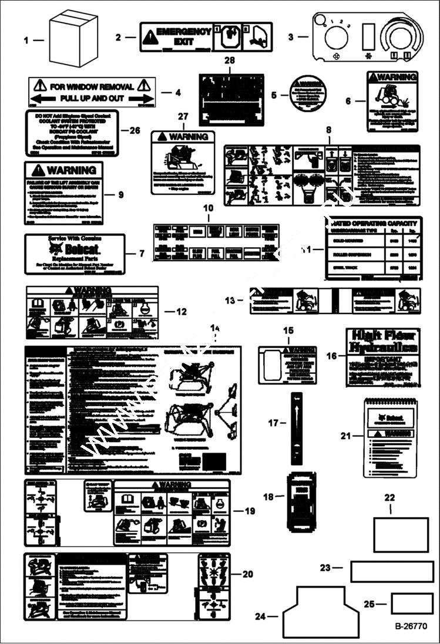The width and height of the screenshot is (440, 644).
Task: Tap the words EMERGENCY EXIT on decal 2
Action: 183,37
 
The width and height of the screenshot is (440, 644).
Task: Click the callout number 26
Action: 135,130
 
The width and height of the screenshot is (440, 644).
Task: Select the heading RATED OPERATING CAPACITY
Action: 374,223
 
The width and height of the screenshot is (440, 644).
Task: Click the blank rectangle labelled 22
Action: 401,534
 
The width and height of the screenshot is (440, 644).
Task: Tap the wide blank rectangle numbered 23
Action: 392,571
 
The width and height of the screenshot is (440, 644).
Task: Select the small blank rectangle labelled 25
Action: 412,603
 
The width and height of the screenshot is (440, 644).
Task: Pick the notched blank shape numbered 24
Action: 321,613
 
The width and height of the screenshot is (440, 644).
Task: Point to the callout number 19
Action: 250,511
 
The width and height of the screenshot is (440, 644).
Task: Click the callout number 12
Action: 182,312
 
